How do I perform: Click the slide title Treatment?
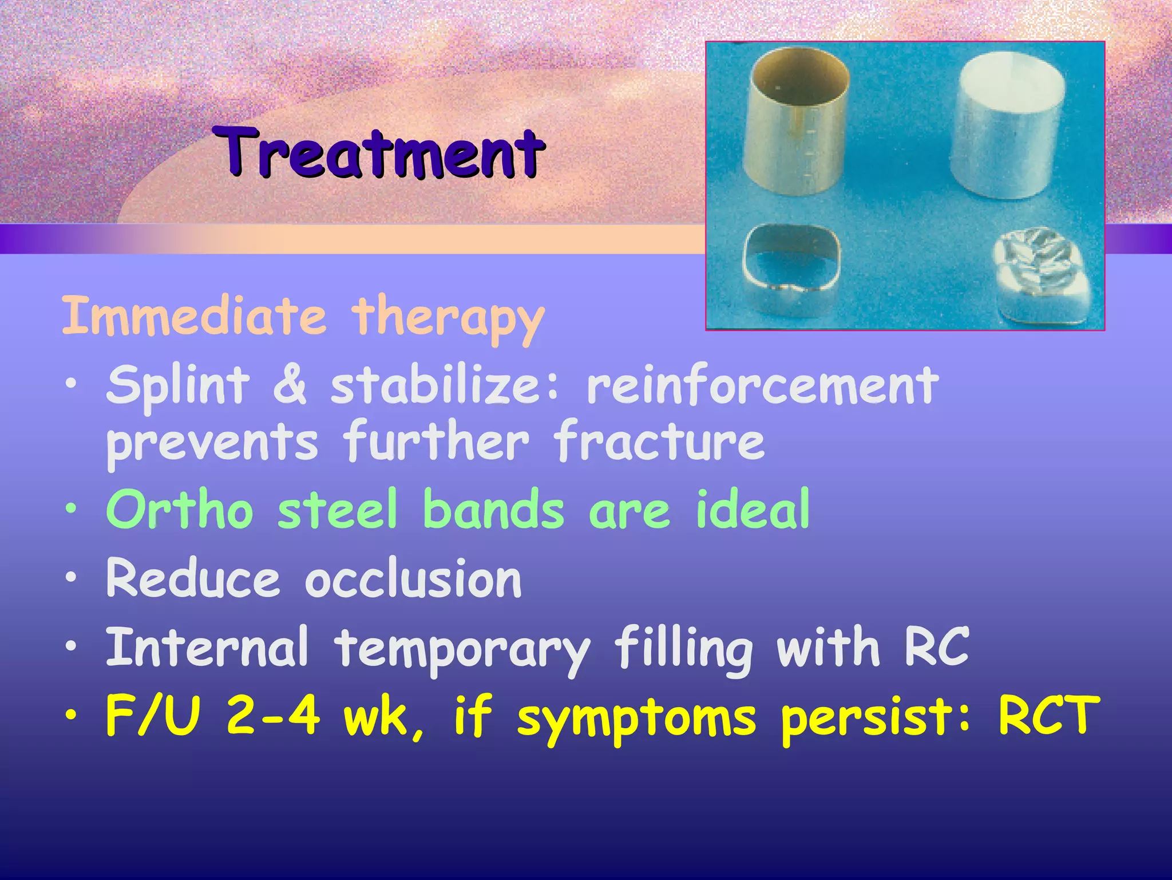tap(379, 152)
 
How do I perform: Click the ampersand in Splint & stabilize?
tap(290, 385)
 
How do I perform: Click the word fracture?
tap(659, 441)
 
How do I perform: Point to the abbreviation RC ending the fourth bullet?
tap(937, 647)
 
